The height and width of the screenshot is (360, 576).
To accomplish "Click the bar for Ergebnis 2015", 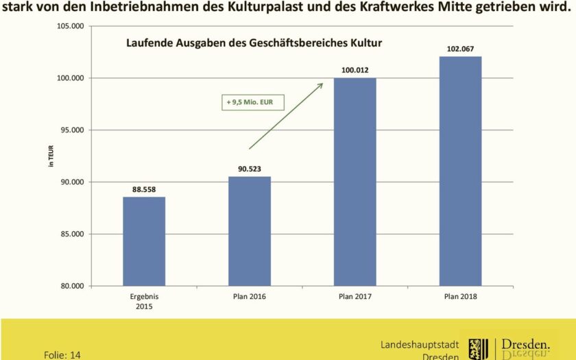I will point(144,241).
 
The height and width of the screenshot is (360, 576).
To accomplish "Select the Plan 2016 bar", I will point(250,231).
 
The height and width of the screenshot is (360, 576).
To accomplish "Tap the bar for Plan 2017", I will point(355,182).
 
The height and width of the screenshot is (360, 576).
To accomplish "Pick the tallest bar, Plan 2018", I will point(460,171).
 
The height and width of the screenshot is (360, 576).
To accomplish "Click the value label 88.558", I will point(144,189).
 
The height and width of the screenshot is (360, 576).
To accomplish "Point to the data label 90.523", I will point(250,168).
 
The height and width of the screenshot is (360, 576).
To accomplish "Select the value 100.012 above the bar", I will point(355,69).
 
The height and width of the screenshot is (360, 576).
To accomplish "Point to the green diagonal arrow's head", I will point(321,85).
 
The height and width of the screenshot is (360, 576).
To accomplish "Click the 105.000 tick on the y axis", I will point(69,26).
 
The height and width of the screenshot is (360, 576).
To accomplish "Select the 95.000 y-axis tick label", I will point(69,130).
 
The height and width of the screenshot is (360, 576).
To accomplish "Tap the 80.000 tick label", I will point(69,286).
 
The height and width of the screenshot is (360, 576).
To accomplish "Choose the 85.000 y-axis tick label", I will point(69,234).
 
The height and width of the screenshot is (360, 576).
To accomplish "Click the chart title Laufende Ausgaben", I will point(254,43).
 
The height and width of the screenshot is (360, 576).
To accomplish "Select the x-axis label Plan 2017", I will point(355,296).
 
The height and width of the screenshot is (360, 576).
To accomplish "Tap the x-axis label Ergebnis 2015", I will point(144,301).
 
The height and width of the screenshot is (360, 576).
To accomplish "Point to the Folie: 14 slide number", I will point(62,355).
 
